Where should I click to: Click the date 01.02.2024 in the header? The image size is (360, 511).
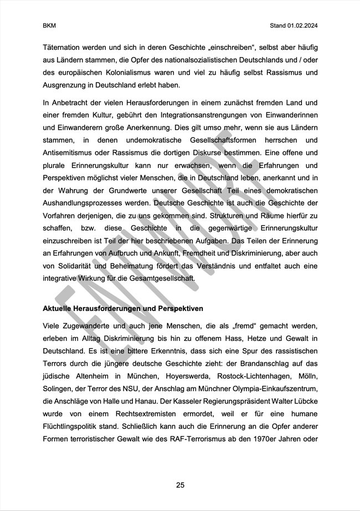click(303, 25)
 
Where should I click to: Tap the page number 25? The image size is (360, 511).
click(180, 485)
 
